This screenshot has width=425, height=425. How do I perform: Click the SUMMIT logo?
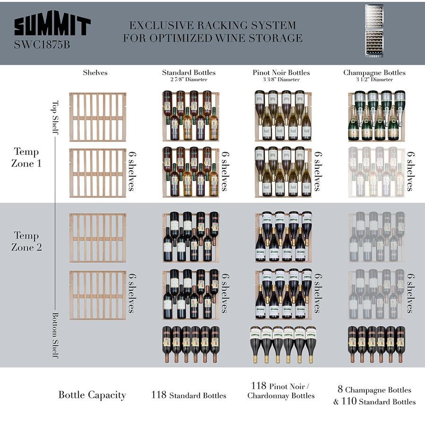click(x=52, y=24)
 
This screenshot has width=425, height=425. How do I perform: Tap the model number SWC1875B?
click(x=42, y=44)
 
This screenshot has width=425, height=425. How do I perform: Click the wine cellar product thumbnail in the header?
click(x=374, y=31)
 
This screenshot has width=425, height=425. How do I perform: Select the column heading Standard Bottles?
click(x=189, y=72)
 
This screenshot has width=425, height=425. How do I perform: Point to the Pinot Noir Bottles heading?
click(x=281, y=72)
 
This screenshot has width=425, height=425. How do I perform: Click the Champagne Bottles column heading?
click(x=374, y=73)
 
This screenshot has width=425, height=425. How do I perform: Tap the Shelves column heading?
click(x=95, y=72)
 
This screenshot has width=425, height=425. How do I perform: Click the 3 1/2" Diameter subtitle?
click(x=374, y=79)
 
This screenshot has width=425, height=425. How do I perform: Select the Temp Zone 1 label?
click(x=26, y=157)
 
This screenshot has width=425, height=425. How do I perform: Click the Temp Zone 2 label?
click(x=26, y=241)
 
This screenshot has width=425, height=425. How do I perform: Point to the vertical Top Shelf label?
click(x=55, y=117)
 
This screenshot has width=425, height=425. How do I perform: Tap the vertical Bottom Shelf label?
click(x=55, y=335)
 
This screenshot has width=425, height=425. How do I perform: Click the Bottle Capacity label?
click(x=92, y=395)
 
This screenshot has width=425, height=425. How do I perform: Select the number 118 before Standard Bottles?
click(x=159, y=395)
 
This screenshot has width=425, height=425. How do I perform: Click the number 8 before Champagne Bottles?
click(x=340, y=389)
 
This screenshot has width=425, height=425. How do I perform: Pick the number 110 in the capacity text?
click(x=349, y=401)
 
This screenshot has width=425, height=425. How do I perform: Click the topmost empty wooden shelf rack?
click(x=97, y=117)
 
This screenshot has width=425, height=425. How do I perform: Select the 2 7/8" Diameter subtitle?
click(x=189, y=79)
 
